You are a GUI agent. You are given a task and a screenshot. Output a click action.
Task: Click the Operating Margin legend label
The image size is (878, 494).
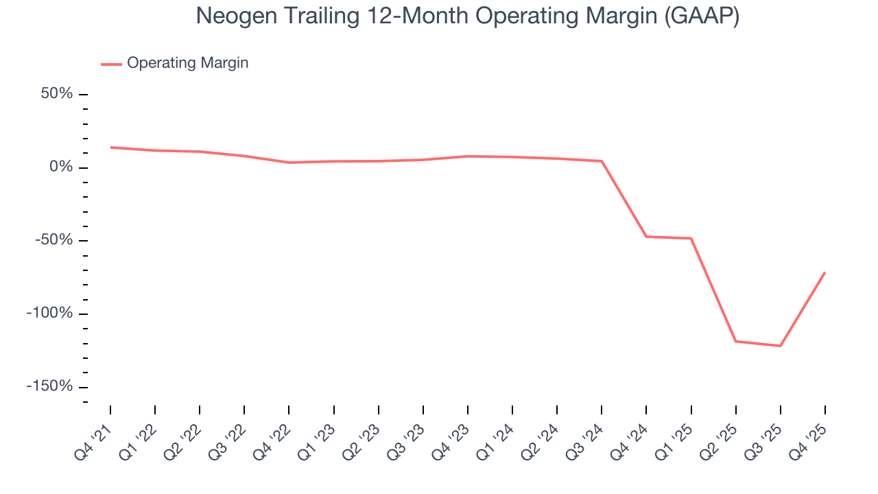point(187,63)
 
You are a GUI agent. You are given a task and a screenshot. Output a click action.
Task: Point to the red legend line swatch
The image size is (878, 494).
point(111,64)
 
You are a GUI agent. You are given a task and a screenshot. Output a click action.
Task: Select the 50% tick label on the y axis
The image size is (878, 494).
point(56,94)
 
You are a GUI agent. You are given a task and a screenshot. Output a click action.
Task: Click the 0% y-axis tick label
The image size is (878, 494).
point(61,167)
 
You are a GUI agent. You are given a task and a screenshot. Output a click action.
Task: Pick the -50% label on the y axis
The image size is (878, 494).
point(54,240)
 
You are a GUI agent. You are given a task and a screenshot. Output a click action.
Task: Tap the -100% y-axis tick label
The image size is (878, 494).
point(50,314)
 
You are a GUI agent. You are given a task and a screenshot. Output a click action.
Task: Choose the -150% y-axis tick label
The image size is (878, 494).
point(50,386)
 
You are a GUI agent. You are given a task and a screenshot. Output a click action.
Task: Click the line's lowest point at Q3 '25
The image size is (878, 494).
point(780,346)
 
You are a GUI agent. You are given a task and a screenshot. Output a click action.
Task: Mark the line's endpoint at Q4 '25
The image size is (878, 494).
point(824,272)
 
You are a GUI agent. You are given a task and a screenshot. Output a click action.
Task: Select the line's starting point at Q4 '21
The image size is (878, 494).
point(110,147)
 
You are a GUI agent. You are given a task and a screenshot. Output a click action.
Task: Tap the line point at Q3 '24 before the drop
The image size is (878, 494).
point(602,161)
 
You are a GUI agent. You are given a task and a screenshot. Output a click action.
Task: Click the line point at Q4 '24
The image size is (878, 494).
point(646,237)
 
